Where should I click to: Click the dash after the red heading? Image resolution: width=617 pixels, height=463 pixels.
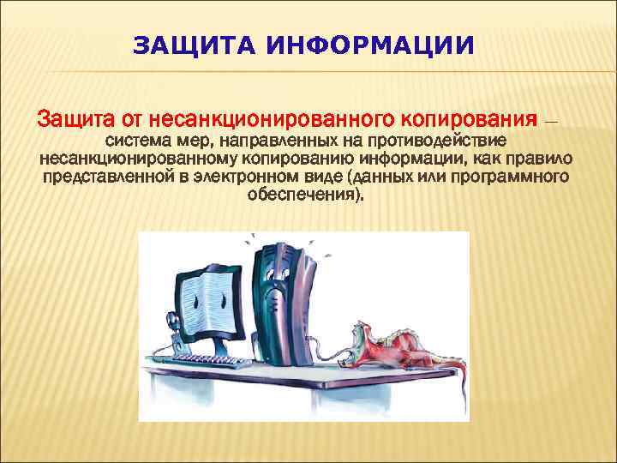pyautogui.click(x=550, y=120)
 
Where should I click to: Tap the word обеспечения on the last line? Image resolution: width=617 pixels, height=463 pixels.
pyautogui.click(x=305, y=195)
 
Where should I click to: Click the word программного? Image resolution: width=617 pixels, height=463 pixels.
pyautogui.click(x=516, y=177)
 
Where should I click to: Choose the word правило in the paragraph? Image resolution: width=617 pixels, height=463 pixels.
pyautogui.click(x=540, y=159)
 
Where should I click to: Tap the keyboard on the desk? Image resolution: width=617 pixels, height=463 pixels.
pyautogui.click(x=214, y=363)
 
